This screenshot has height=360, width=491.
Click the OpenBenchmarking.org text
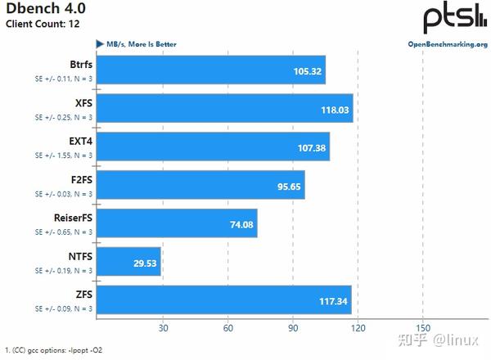[x=447, y=43]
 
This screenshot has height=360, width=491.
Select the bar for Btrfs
[x=212, y=70]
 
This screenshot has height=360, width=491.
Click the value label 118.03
[x=332, y=109]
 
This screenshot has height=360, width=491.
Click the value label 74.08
[x=238, y=223]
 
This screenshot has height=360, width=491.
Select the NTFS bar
[x=130, y=262]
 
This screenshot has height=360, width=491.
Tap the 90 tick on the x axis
[x=292, y=329]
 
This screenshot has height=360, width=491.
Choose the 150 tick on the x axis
[x=422, y=329]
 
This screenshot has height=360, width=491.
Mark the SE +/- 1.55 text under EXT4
[x=63, y=155]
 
